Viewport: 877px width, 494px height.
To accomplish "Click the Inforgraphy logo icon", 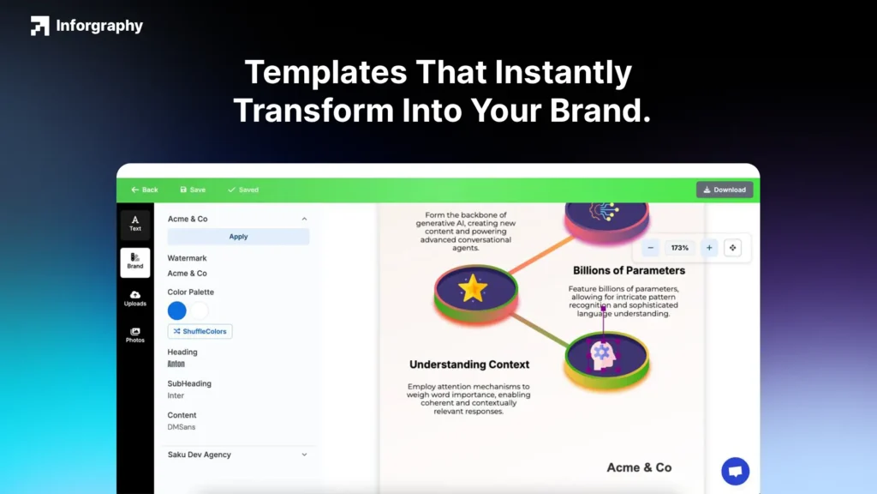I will (39, 26).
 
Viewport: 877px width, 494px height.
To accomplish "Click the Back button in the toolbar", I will (145, 190).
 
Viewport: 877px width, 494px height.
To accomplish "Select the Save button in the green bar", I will (193, 190).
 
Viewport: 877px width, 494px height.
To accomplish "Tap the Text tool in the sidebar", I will (135, 224).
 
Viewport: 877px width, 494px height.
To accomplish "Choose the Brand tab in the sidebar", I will (135, 261).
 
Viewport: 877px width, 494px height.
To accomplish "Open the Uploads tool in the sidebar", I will (135, 298).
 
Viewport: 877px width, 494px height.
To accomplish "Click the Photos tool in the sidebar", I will (135, 335).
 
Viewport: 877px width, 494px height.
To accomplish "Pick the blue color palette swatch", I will (177, 310).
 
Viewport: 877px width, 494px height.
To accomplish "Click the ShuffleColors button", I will (200, 331).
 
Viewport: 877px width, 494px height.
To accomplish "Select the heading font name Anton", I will (176, 364).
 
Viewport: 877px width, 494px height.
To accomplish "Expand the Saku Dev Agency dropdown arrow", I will (304, 455).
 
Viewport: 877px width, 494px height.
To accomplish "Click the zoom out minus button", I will (651, 248).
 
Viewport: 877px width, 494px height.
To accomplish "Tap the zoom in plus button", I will (709, 248).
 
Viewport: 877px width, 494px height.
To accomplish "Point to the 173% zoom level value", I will (680, 248).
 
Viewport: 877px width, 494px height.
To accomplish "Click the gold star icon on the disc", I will (473, 288).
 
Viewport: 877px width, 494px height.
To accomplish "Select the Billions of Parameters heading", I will (629, 270).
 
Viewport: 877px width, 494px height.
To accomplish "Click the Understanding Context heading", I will (469, 364).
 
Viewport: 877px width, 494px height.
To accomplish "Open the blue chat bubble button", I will (735, 471).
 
